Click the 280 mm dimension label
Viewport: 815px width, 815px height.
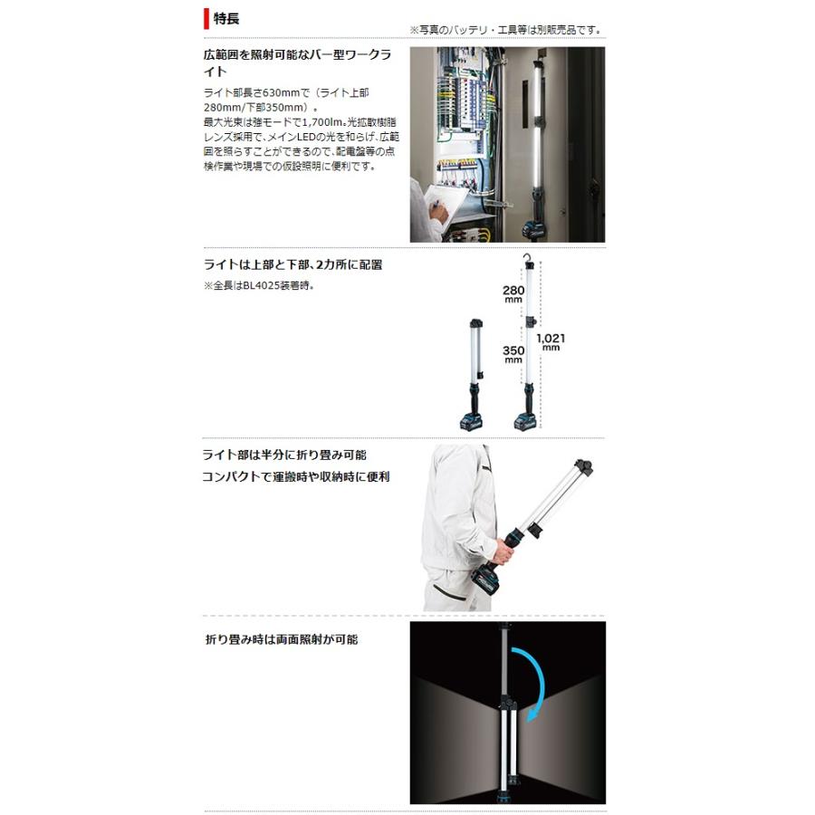pyautogui.click(x=513, y=295)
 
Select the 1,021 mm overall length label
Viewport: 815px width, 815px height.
pyautogui.click(x=551, y=342)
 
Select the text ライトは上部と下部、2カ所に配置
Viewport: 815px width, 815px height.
pyautogui.click(x=294, y=265)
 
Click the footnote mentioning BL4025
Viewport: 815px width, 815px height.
pyautogui.click(x=260, y=286)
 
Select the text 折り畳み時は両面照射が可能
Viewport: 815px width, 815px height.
pyautogui.click(x=282, y=639)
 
